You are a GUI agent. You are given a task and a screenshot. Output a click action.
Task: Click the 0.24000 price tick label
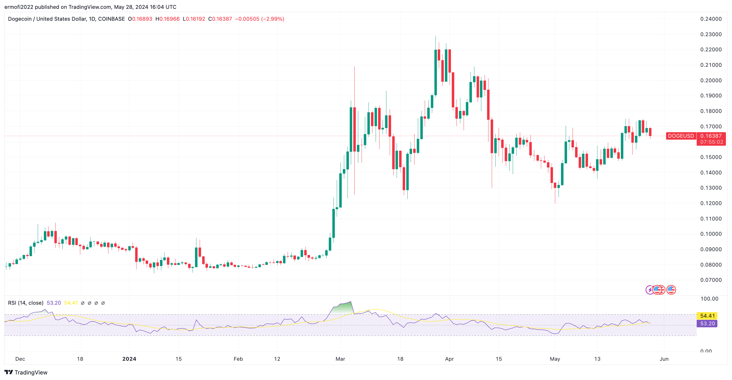[x=711, y=19]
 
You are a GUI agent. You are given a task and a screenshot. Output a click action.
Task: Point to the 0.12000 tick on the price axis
[x=711, y=203]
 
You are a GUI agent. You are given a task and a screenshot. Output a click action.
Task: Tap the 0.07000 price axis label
[x=711, y=280]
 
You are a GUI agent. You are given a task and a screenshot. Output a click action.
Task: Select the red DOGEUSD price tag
[x=681, y=136]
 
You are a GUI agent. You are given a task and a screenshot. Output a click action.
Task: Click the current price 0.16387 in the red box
[x=711, y=136]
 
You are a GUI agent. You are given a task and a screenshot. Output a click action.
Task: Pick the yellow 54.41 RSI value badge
[x=707, y=316]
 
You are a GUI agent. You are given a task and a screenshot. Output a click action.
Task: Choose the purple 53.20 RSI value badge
[x=707, y=323]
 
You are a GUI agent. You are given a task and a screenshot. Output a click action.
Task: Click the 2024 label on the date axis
[x=129, y=359]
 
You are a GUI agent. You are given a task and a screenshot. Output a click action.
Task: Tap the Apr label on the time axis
[x=449, y=359]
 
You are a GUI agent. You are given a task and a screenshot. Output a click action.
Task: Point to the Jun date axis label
[x=664, y=359]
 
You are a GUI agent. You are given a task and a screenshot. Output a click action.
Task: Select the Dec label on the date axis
[x=20, y=359]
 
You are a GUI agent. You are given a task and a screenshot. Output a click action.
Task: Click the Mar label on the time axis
[x=340, y=359]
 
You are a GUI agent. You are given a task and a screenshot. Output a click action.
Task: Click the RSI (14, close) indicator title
[x=26, y=303]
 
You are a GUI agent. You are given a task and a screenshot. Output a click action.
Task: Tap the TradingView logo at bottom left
[x=26, y=372]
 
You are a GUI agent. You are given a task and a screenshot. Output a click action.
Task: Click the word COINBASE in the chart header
[x=111, y=19]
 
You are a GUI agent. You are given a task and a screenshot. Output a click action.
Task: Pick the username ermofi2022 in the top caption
[x=19, y=7]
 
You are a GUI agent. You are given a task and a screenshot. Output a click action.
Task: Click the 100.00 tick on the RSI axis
[x=709, y=299]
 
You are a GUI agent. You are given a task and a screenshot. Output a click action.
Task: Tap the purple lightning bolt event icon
[x=649, y=290]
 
